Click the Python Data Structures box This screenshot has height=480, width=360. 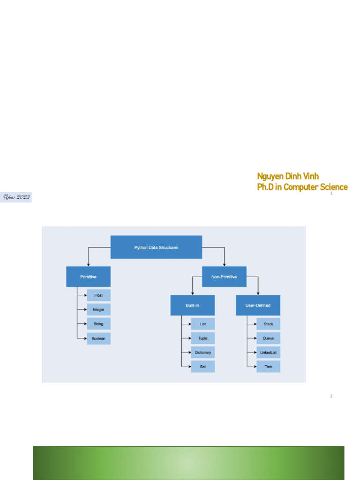point(156,247)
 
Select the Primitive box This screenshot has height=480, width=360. point(88,277)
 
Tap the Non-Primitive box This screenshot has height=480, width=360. point(224,277)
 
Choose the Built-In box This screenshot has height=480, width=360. point(192,305)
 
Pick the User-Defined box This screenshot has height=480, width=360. point(258,305)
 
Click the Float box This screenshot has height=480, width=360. point(98,295)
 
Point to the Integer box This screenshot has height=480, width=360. point(98,309)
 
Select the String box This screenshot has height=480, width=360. point(98,324)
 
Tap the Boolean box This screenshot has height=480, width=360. point(98,338)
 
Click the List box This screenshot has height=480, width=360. point(203,324)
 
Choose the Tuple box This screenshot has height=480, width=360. point(203,338)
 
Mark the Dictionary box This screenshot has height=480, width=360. point(203,352)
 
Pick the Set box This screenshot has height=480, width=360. point(203,367)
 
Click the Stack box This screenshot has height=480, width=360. point(268,324)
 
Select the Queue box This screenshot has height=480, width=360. point(268,338)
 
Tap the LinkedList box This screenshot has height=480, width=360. point(268,352)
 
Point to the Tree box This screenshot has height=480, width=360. point(268,367)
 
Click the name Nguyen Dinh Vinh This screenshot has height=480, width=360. point(288,176)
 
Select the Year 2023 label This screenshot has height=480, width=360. point(17,197)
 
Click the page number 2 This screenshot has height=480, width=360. point(331,397)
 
